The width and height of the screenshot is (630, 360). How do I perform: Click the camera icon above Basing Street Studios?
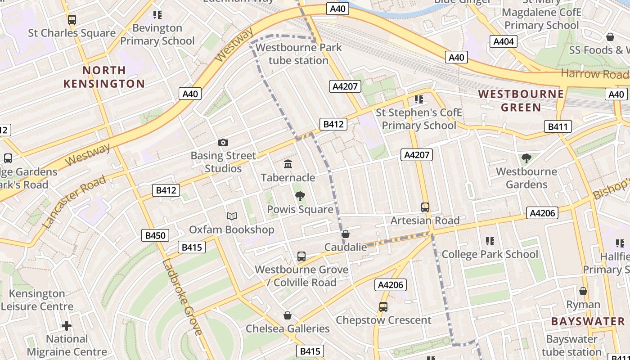click(223, 143)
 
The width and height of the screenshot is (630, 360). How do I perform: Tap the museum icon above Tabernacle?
click(288, 164)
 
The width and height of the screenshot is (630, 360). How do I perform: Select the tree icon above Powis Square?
click(300, 196)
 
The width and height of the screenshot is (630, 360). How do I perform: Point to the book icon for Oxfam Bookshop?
click(232, 216)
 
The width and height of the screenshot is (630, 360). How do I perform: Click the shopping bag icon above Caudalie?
click(346, 234)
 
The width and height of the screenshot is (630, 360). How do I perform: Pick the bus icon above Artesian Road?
click(425, 207)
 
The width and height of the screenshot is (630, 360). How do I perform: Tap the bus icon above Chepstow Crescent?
click(383, 307)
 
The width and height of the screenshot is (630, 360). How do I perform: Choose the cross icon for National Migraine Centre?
click(67, 325)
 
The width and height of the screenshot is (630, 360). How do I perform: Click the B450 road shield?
click(156, 235)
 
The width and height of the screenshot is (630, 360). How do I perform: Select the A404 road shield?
click(504, 42)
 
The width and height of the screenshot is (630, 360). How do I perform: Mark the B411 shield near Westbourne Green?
click(558, 127)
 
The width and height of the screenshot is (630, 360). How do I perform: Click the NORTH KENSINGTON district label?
click(104, 77)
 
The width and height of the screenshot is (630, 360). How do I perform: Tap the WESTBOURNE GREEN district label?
click(521, 100)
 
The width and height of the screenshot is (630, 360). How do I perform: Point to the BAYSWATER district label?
click(588, 321)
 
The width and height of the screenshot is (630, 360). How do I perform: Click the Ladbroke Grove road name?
click(181, 297)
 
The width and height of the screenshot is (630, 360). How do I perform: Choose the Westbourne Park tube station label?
click(299, 54)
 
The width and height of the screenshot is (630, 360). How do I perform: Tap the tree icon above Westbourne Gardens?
click(526, 158)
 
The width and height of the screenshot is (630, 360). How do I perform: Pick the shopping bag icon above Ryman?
click(583, 291)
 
